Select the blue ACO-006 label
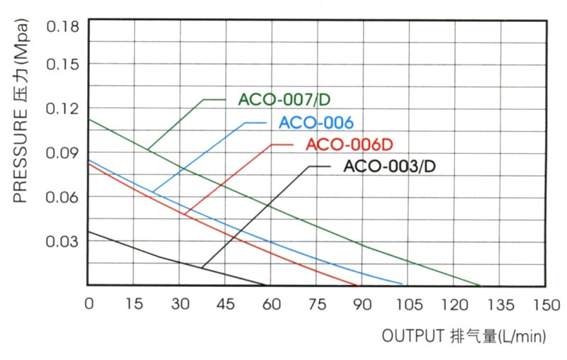click(316, 123)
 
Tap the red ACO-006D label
click(349, 145)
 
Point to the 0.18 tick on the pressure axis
click(62, 27)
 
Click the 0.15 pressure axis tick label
click(62, 64)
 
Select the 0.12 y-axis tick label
click(62, 108)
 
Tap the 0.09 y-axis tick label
click(62, 152)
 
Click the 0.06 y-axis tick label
click(62, 196)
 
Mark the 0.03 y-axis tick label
click(62, 241)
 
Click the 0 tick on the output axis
click(89, 304)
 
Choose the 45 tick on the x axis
click(225, 304)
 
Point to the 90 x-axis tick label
click(362, 304)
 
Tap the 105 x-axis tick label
click(408, 304)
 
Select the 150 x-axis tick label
click(544, 304)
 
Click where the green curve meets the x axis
click(481, 286)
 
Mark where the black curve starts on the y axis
click(89, 232)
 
